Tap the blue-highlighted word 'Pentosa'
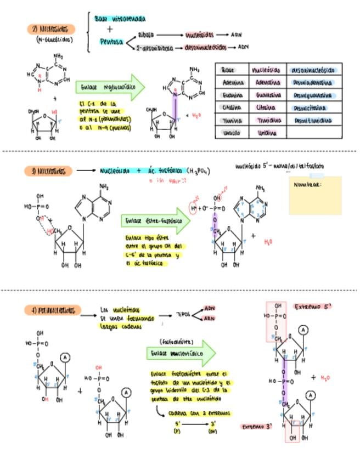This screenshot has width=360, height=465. [x=112, y=42]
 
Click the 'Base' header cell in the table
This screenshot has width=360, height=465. [x=228, y=70]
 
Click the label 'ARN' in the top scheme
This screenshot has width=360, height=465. [x=237, y=34]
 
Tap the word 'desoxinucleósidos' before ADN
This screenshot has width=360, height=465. [x=205, y=48]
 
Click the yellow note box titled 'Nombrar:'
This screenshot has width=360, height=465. [x=315, y=195]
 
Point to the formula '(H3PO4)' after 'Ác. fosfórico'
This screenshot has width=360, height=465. [x=198, y=172]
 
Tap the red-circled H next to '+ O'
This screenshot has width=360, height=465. [x=193, y=208]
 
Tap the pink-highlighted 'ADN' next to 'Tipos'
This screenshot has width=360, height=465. [x=210, y=308]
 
